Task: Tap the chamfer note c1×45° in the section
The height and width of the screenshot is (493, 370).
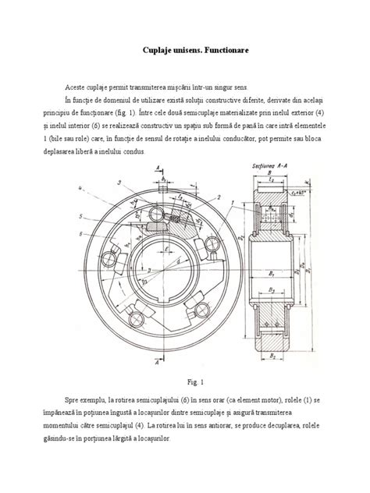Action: pyautogui.click(x=318, y=211)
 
